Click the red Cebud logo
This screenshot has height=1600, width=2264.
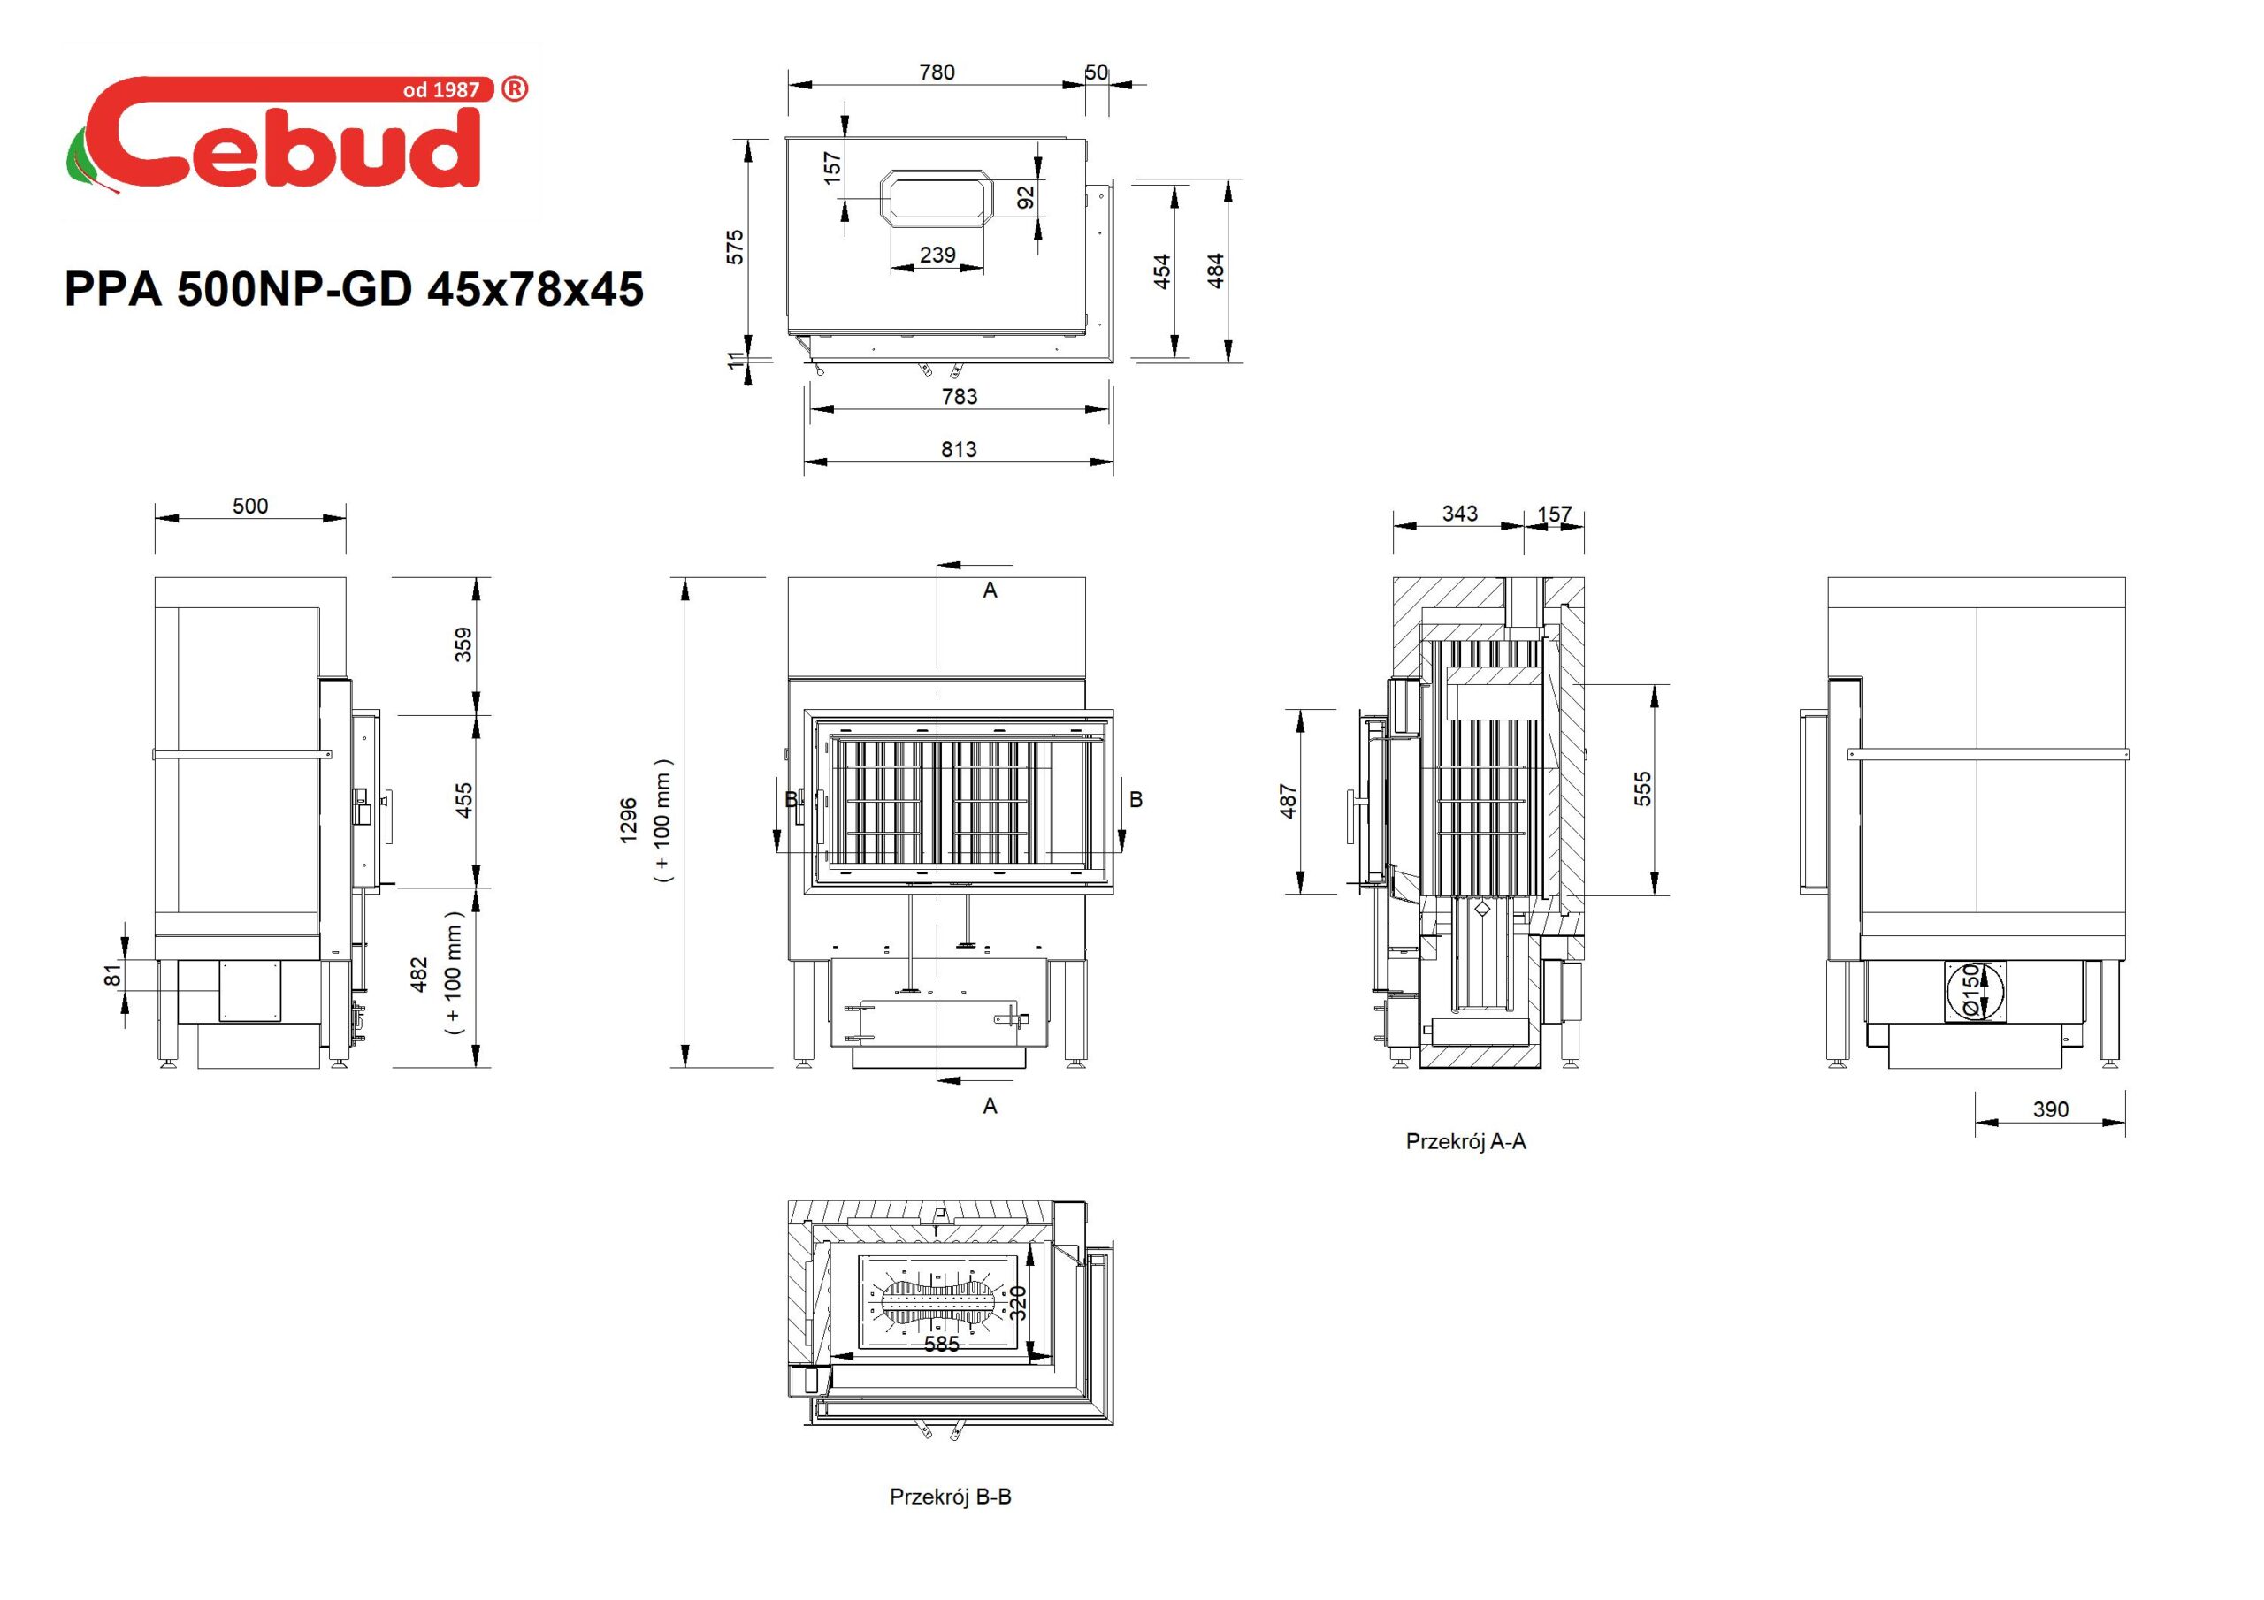pyautogui.click(x=295, y=133)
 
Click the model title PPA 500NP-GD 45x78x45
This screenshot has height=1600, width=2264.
pyautogui.click(x=354, y=289)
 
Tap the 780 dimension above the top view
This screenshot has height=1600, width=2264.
pyautogui.click(x=937, y=72)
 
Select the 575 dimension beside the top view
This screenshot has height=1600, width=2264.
pyautogui.click(x=735, y=247)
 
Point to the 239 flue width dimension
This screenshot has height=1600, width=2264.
pyautogui.click(x=937, y=255)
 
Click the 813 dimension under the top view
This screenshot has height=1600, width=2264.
pyautogui.click(x=959, y=450)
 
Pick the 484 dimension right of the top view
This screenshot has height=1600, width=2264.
pyautogui.click(x=1216, y=271)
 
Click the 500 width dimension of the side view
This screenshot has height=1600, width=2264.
pyautogui.click(x=250, y=506)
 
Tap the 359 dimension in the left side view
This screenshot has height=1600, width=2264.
pyautogui.click(x=463, y=644)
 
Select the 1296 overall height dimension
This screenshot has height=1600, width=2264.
pyautogui.click(x=629, y=820)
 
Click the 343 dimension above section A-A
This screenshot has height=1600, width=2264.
pyautogui.click(x=1459, y=514)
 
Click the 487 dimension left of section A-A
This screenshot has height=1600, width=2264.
pyautogui.click(x=1288, y=801)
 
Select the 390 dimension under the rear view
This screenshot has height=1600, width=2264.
pyautogui.click(x=2050, y=1109)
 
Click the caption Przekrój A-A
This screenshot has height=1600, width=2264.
pyautogui.click(x=1465, y=1141)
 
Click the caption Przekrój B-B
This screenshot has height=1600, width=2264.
pyautogui.click(x=951, y=1497)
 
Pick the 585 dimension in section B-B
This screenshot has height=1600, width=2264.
pyautogui.click(x=942, y=1344)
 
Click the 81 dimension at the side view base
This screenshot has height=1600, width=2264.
pyautogui.click(x=113, y=975)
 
